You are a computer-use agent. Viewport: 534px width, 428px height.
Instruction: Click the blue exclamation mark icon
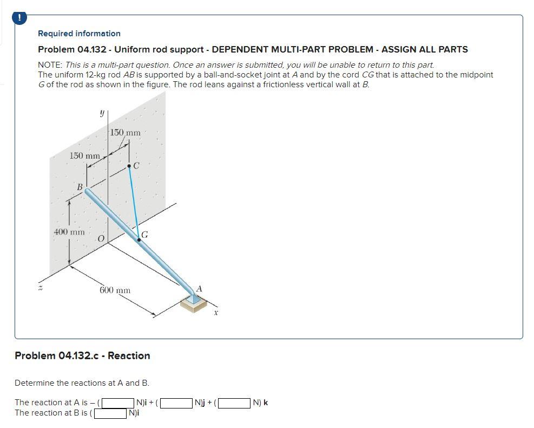[x=19, y=18]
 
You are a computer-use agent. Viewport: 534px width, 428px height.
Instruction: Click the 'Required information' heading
[x=79, y=34]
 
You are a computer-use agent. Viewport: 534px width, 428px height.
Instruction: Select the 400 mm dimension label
[x=69, y=232]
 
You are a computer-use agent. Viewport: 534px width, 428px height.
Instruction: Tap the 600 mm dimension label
[x=115, y=290]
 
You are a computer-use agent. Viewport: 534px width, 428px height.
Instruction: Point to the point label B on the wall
[x=80, y=187]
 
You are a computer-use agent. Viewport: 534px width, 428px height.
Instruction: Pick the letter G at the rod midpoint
[x=145, y=235]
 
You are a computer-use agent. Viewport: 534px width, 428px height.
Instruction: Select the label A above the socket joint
[x=199, y=289]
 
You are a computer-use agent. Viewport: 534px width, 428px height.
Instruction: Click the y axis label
[x=101, y=113]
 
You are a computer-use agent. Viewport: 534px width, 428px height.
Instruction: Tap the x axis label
[x=215, y=312]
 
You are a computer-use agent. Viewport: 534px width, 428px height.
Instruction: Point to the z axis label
[x=39, y=288]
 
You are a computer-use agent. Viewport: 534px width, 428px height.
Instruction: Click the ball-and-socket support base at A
[x=193, y=304]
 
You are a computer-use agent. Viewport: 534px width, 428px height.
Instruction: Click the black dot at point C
[x=129, y=166]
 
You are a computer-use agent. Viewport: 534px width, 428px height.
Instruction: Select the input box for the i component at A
[x=118, y=403]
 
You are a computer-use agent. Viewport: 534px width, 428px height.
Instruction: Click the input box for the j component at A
[x=177, y=403]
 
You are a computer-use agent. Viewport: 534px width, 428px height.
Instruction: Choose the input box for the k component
[x=235, y=403]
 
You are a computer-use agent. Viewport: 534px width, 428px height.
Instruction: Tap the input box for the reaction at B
[x=111, y=413]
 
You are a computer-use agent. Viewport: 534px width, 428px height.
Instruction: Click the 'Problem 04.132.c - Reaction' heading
[x=82, y=356]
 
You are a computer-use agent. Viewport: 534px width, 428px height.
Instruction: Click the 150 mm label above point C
[x=125, y=133]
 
